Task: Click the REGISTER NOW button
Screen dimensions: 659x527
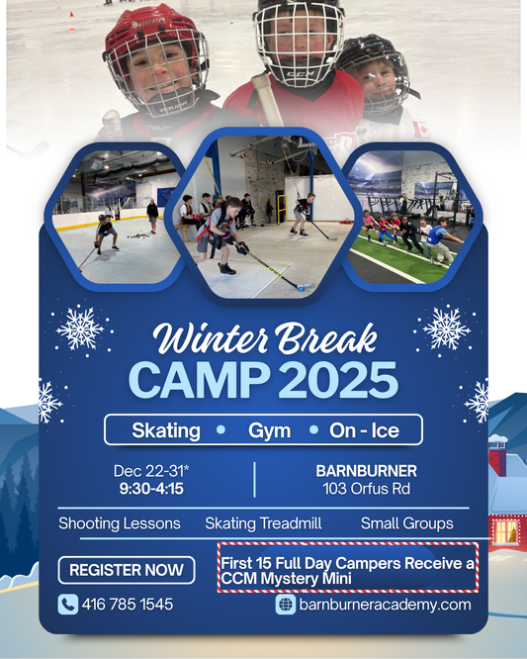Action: (x=126, y=569)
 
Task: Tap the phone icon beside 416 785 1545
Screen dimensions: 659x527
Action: (x=68, y=604)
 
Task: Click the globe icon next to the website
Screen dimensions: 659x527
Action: (x=287, y=604)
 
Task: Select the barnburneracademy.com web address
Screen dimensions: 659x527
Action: (x=385, y=604)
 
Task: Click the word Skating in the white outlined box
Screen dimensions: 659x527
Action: (x=166, y=430)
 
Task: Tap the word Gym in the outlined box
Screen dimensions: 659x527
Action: (x=269, y=430)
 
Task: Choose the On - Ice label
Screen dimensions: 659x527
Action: (x=366, y=430)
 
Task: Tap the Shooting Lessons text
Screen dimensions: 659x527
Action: (x=120, y=523)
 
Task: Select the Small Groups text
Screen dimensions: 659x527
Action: (x=406, y=523)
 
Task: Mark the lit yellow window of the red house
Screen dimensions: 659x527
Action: (x=505, y=532)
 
